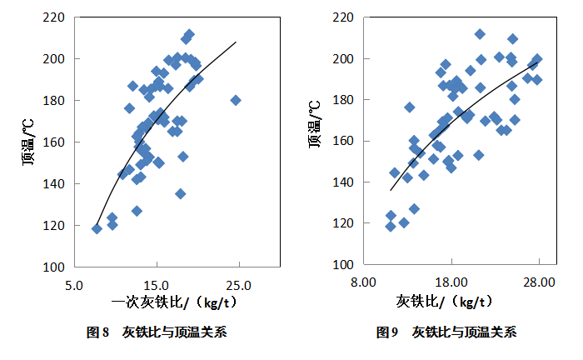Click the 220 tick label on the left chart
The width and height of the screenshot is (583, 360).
[56, 17]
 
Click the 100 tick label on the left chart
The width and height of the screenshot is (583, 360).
[56, 267]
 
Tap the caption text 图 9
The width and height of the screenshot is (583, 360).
[387, 332]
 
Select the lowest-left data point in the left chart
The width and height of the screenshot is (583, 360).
[97, 228]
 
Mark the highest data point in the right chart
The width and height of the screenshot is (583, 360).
[480, 34]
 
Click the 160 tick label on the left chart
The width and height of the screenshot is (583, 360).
[56, 142]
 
